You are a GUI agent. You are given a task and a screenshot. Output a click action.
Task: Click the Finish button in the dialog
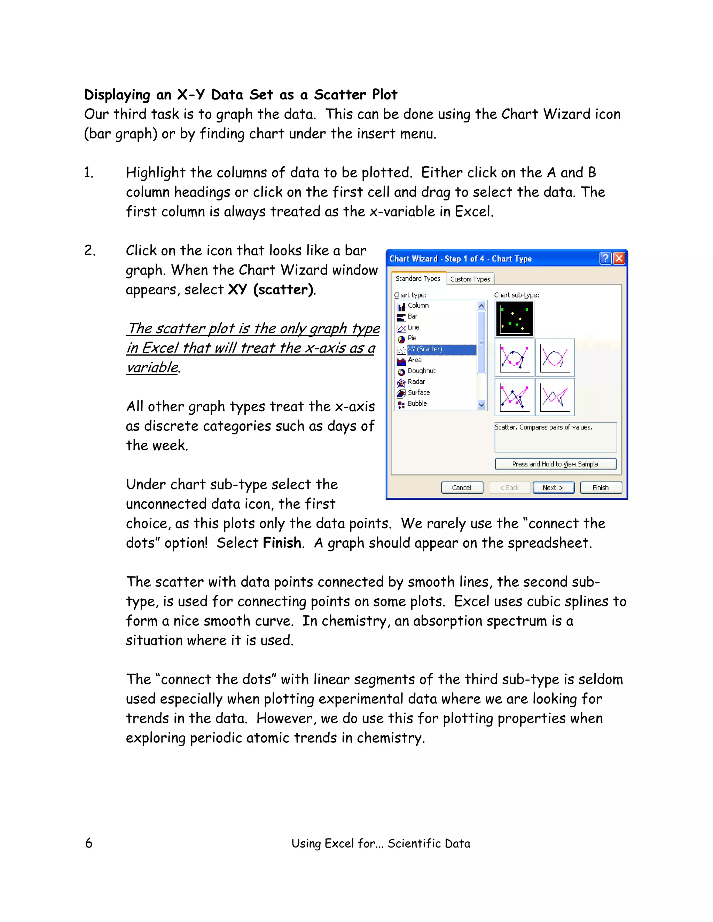pos(600,487)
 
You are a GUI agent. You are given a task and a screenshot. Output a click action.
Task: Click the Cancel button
pos(462,487)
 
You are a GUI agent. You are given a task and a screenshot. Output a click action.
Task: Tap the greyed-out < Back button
pos(509,487)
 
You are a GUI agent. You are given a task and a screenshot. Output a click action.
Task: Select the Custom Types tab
pos(470,279)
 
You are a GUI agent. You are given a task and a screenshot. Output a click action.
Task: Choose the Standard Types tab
pos(418,279)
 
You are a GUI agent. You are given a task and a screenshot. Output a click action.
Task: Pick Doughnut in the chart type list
pos(421,371)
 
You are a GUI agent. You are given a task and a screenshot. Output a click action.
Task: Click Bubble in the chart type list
pos(417,404)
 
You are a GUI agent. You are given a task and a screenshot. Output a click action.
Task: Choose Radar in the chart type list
pos(416,382)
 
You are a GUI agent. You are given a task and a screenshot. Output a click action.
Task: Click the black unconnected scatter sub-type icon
pos(514,319)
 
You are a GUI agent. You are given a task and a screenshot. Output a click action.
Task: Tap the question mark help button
pos(605,259)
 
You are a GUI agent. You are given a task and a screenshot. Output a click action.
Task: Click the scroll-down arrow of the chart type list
pos(481,405)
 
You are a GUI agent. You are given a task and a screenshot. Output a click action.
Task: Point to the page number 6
pos(89,843)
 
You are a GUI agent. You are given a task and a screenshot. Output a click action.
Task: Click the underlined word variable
pos(152,367)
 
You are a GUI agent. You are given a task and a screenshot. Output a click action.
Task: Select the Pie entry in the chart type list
pos(412,338)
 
